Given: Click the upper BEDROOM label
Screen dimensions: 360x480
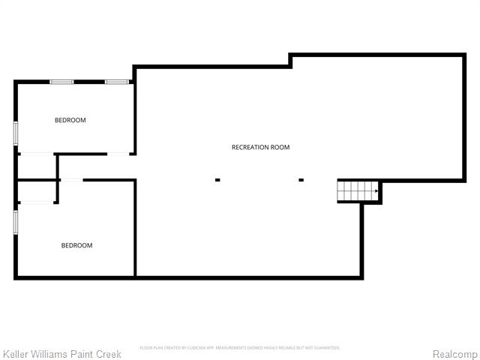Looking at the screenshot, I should pyautogui.click(x=70, y=120).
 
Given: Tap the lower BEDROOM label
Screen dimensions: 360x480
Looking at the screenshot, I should pyautogui.click(x=76, y=245).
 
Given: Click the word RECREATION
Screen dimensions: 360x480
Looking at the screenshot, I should pyautogui.click(x=250, y=148).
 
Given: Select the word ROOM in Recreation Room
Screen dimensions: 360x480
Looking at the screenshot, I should pyautogui.click(x=280, y=148).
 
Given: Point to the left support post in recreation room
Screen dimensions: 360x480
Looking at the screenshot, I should pyautogui.click(x=217, y=180).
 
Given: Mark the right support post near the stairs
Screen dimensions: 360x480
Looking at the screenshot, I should pyautogui.click(x=301, y=180).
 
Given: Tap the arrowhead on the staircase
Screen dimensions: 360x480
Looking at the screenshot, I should pyautogui.click(x=376, y=192).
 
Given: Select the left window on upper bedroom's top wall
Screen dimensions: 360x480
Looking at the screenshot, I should pyautogui.click(x=61, y=81).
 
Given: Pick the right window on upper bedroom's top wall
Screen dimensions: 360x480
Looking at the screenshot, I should pyautogui.click(x=116, y=81).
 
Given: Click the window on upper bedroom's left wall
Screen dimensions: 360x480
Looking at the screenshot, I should pyautogui.click(x=16, y=132).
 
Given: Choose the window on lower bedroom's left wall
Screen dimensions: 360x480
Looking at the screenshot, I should pyautogui.click(x=16, y=223).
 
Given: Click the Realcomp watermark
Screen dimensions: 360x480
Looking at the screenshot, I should pyautogui.click(x=454, y=353).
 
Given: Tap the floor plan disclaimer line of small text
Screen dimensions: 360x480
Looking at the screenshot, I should pyautogui.click(x=240, y=348).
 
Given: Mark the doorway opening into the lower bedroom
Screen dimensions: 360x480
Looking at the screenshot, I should pyautogui.click(x=71, y=180).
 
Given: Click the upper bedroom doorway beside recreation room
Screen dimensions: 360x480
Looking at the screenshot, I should pyautogui.click(x=118, y=154).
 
